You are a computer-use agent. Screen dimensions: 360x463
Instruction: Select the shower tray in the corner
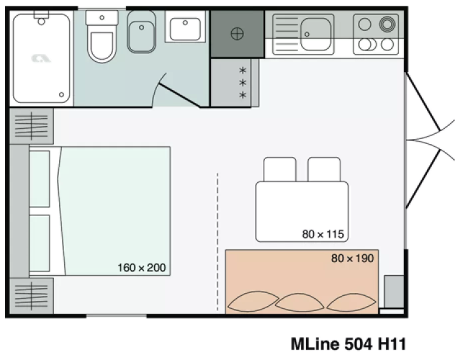coord(41,58)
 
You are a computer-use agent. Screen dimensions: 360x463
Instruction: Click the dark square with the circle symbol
coord(236,33)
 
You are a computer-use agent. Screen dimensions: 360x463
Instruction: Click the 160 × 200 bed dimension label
coord(142,268)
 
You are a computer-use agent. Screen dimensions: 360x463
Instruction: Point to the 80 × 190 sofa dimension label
coord(353,258)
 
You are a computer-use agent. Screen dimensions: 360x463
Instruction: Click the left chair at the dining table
coord(279,170)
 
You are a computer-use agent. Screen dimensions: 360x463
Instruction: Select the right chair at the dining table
coord(323,170)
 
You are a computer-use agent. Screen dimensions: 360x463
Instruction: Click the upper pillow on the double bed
coord(40,179)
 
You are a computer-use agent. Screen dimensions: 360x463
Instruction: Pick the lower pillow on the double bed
coord(40,243)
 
